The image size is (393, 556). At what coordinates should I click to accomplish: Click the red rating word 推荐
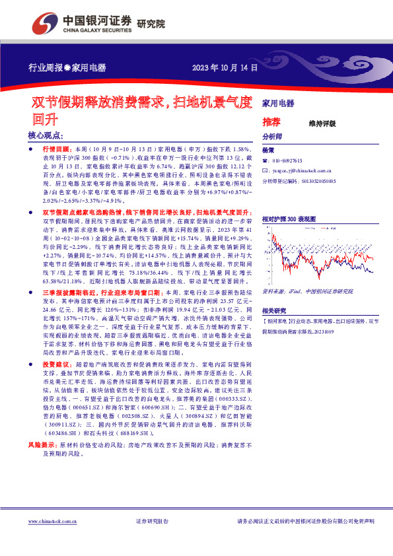pyautogui.click(x=271, y=122)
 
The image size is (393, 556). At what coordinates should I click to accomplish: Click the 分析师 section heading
pyautogui.click(x=271, y=137)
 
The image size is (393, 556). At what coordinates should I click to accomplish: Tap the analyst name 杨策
pyautogui.click(x=268, y=151)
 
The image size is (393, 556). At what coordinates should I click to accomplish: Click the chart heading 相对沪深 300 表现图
pyautogui.click(x=289, y=217)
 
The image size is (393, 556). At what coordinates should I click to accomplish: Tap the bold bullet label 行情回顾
pyautogui.click(x=58, y=151)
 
